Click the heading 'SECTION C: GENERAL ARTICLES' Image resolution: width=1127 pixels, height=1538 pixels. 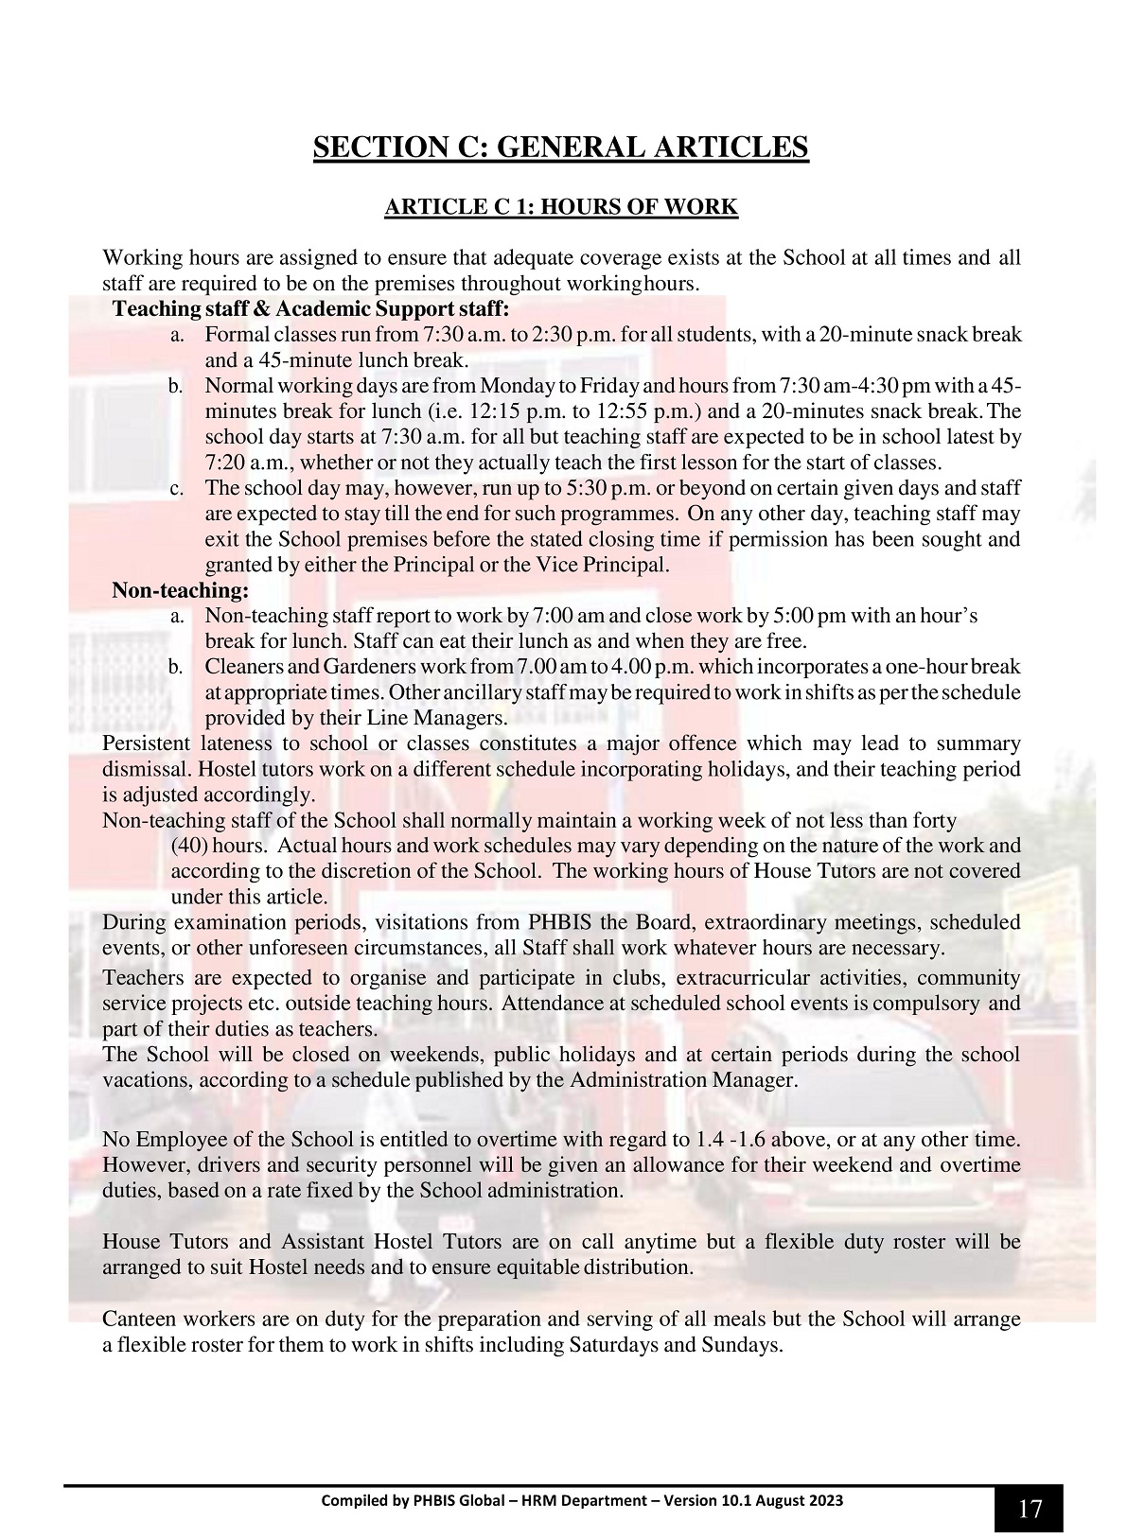click(561, 148)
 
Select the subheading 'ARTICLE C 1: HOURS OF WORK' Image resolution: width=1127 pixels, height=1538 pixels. click(561, 207)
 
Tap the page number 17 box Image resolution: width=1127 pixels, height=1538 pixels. click(1029, 1509)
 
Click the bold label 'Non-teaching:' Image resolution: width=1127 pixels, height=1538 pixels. click(180, 591)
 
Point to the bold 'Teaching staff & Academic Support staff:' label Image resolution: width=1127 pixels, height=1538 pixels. click(310, 309)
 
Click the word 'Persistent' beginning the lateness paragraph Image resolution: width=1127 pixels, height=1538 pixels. click(146, 743)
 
